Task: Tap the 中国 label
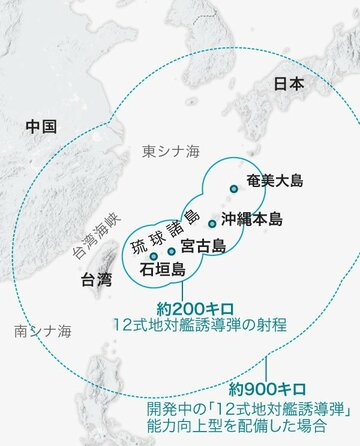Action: click(x=41, y=127)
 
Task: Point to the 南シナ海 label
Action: click(x=37, y=329)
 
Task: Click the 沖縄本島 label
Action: click(x=251, y=218)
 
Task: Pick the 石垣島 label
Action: click(x=163, y=268)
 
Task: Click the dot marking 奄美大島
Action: click(x=233, y=188)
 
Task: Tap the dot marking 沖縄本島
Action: click(x=212, y=223)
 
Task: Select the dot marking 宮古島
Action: click(x=172, y=251)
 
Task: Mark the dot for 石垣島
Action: click(x=153, y=256)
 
